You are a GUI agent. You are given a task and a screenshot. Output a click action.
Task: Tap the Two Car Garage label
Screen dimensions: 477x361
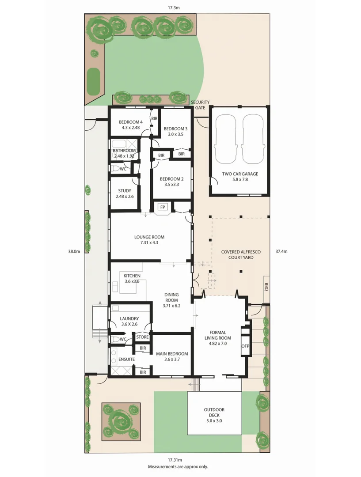[x=240, y=174]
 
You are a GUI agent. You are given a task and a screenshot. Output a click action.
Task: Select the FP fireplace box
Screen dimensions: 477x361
[x=163, y=207]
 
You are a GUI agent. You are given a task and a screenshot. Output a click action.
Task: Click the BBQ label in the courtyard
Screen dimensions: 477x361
[x=266, y=288]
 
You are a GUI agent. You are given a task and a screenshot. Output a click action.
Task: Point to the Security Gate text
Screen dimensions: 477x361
[x=200, y=105]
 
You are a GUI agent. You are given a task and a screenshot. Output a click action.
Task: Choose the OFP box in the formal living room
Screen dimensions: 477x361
[x=246, y=346]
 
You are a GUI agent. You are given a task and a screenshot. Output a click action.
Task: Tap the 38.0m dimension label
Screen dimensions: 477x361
[x=74, y=251]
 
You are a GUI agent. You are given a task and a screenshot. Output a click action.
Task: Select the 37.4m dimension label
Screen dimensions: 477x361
[x=281, y=251]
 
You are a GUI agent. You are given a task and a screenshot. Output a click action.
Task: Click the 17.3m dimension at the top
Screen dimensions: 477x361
[x=174, y=8]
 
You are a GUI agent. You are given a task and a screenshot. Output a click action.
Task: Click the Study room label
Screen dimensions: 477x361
[x=124, y=191]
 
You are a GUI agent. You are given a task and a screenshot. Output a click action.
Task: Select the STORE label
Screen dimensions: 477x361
[x=142, y=337]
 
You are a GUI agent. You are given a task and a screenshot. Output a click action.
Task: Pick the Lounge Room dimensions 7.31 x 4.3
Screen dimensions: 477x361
[x=149, y=242]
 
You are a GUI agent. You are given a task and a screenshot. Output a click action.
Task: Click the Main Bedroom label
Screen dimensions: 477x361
[x=172, y=354]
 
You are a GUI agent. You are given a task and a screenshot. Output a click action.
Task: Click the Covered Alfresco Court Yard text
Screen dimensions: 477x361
[x=241, y=254]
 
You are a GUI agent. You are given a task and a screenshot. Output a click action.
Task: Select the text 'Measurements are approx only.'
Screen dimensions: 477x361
[x=178, y=466]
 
